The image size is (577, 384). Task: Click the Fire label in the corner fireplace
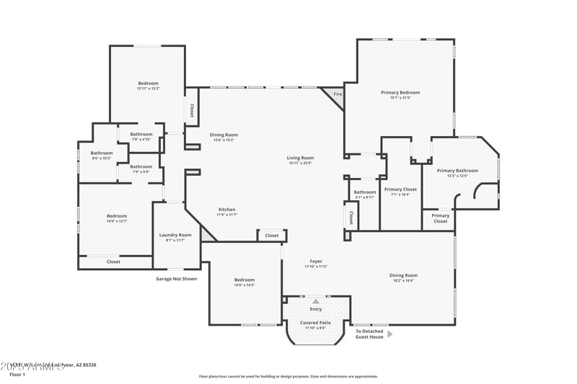click(x=338, y=94)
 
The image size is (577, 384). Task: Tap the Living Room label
click(x=300, y=158)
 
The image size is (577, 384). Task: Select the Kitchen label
click(x=226, y=210)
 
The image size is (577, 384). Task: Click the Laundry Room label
click(x=175, y=235)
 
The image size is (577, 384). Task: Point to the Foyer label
click(x=316, y=262)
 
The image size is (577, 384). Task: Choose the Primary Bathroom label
click(x=452, y=171)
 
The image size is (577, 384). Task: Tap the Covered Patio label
click(x=315, y=323)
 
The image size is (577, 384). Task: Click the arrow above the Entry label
click(x=315, y=301)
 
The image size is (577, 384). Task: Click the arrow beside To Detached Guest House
click(x=390, y=334)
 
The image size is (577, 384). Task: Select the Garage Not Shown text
click(x=176, y=279)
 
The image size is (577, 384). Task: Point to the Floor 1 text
click(x=17, y=375)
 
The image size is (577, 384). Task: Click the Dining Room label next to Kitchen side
click(x=224, y=135)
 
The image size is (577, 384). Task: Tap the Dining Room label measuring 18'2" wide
click(x=403, y=275)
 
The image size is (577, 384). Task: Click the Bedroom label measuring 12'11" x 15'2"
click(x=148, y=84)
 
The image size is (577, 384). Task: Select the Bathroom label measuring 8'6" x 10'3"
click(x=101, y=153)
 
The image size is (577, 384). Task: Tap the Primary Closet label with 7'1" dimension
click(x=400, y=189)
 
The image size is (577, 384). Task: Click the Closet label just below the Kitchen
click(x=272, y=236)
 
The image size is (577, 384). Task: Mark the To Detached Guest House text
click(x=369, y=334)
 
